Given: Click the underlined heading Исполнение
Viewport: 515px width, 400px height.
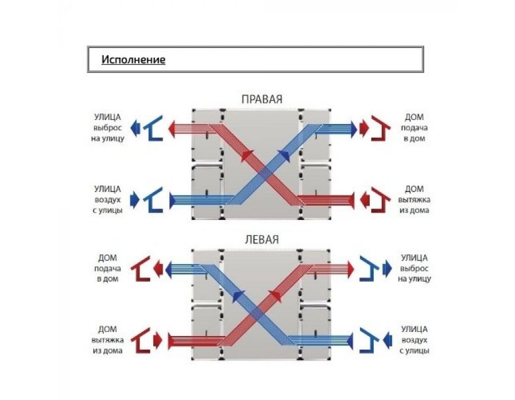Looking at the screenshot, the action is [133, 59].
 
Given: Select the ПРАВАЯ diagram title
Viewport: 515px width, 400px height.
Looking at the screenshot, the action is [262, 99].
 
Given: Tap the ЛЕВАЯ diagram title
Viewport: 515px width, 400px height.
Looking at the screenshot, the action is [262, 239].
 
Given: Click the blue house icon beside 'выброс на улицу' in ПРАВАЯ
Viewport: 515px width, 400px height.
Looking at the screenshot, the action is [153, 128].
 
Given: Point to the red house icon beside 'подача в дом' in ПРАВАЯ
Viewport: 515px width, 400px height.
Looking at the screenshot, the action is [381, 128].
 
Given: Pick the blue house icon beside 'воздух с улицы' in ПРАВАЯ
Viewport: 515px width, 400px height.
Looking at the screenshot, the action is [153, 200].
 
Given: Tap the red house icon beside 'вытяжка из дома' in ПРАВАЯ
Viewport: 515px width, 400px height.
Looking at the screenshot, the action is [381, 200].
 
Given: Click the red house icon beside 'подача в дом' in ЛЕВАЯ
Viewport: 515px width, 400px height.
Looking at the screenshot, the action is [141, 269].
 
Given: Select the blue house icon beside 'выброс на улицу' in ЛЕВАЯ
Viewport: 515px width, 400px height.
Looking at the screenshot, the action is [370, 269].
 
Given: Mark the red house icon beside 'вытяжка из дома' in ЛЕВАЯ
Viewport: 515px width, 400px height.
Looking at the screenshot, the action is [141, 341].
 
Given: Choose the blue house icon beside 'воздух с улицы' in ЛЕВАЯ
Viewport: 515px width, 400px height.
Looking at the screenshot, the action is [370, 341].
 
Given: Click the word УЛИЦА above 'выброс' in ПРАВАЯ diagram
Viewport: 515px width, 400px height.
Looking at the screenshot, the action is [108, 117].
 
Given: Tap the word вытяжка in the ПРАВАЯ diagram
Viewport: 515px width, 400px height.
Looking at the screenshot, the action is [414, 199].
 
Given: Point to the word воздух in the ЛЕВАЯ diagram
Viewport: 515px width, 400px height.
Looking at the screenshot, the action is [414, 340].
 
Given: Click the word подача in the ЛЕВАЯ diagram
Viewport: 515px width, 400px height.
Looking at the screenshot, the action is [108, 269].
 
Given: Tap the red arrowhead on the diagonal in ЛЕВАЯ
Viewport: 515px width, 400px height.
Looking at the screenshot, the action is [276, 297].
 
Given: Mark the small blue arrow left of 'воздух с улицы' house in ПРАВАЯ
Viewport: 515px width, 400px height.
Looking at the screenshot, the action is [134, 200].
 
